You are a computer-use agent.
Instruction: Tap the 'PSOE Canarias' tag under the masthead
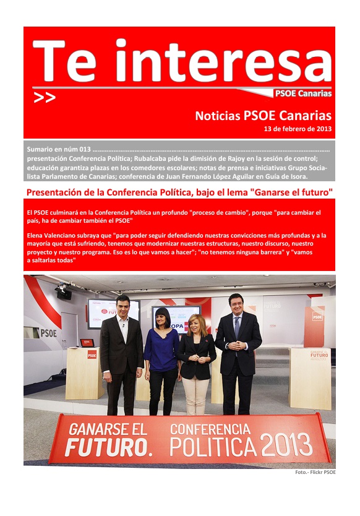coord(303,94)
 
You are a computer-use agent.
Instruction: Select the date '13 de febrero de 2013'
coord(298,129)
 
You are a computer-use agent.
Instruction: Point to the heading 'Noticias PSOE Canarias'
coord(263,116)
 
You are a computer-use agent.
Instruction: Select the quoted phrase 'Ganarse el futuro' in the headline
coord(291,192)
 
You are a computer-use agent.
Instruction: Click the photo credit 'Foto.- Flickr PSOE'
coord(315,473)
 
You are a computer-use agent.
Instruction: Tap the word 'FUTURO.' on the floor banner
coord(98,447)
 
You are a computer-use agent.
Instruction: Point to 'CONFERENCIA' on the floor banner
coord(210,428)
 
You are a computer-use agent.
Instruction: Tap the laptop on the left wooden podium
coord(87,343)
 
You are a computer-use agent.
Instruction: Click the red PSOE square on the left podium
coord(92,355)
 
